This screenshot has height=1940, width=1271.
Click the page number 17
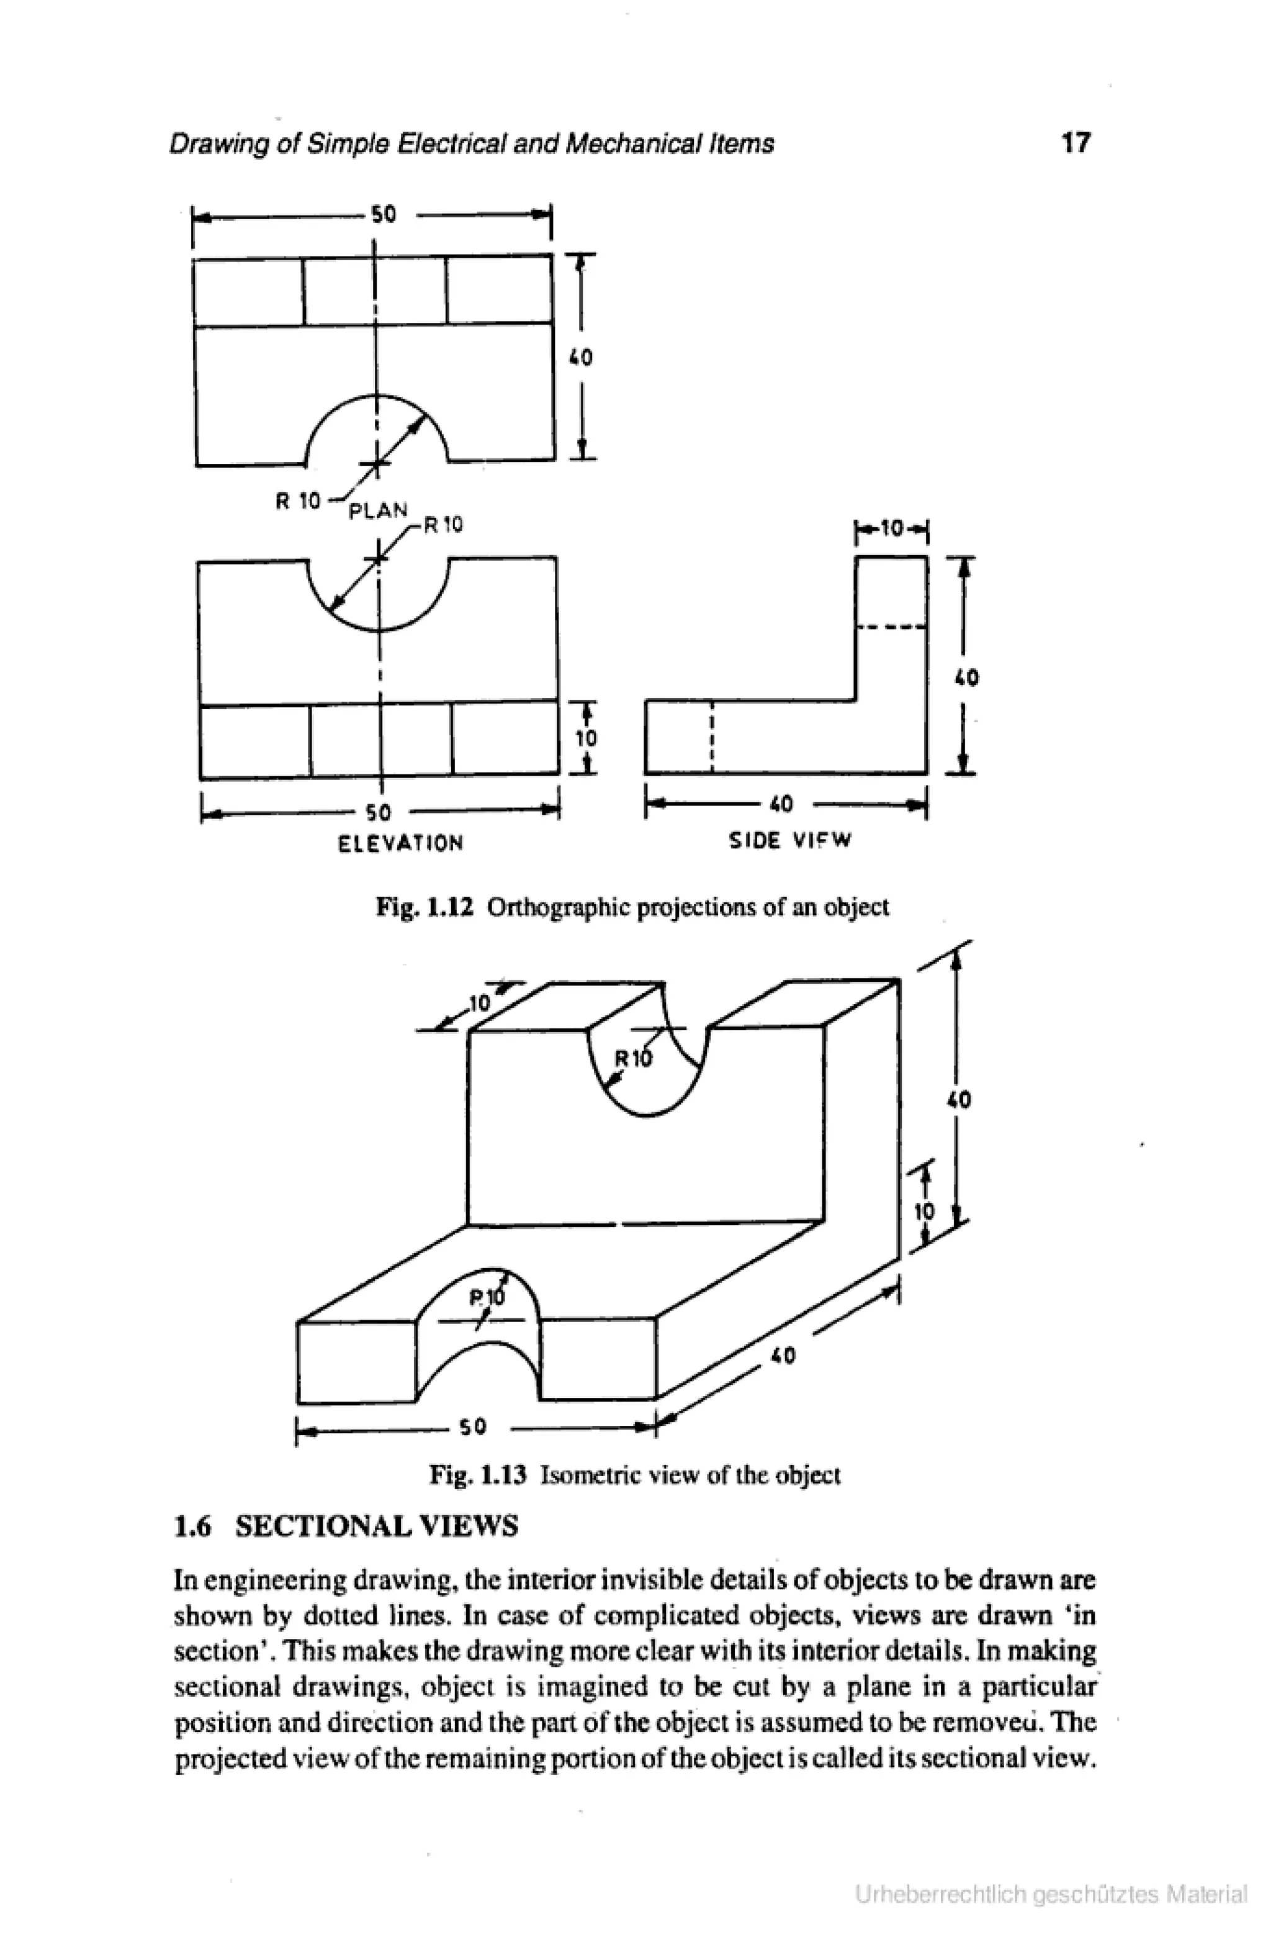pyautogui.click(x=1075, y=143)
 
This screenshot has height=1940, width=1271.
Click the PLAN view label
pyautogui.click(x=377, y=511)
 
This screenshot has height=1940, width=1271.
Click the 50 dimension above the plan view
pyautogui.click(x=383, y=215)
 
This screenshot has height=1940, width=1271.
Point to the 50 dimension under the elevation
pyautogui.click(x=378, y=813)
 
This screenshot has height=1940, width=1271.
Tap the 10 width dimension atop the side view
pyautogui.click(x=893, y=530)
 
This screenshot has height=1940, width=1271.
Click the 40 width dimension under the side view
pyautogui.click(x=781, y=805)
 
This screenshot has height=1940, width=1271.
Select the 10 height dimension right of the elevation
pyautogui.click(x=586, y=738)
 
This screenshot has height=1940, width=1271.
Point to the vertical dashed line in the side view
pyautogui.click(x=712, y=736)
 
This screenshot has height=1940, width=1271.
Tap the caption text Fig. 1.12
pyautogui.click(x=424, y=907)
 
